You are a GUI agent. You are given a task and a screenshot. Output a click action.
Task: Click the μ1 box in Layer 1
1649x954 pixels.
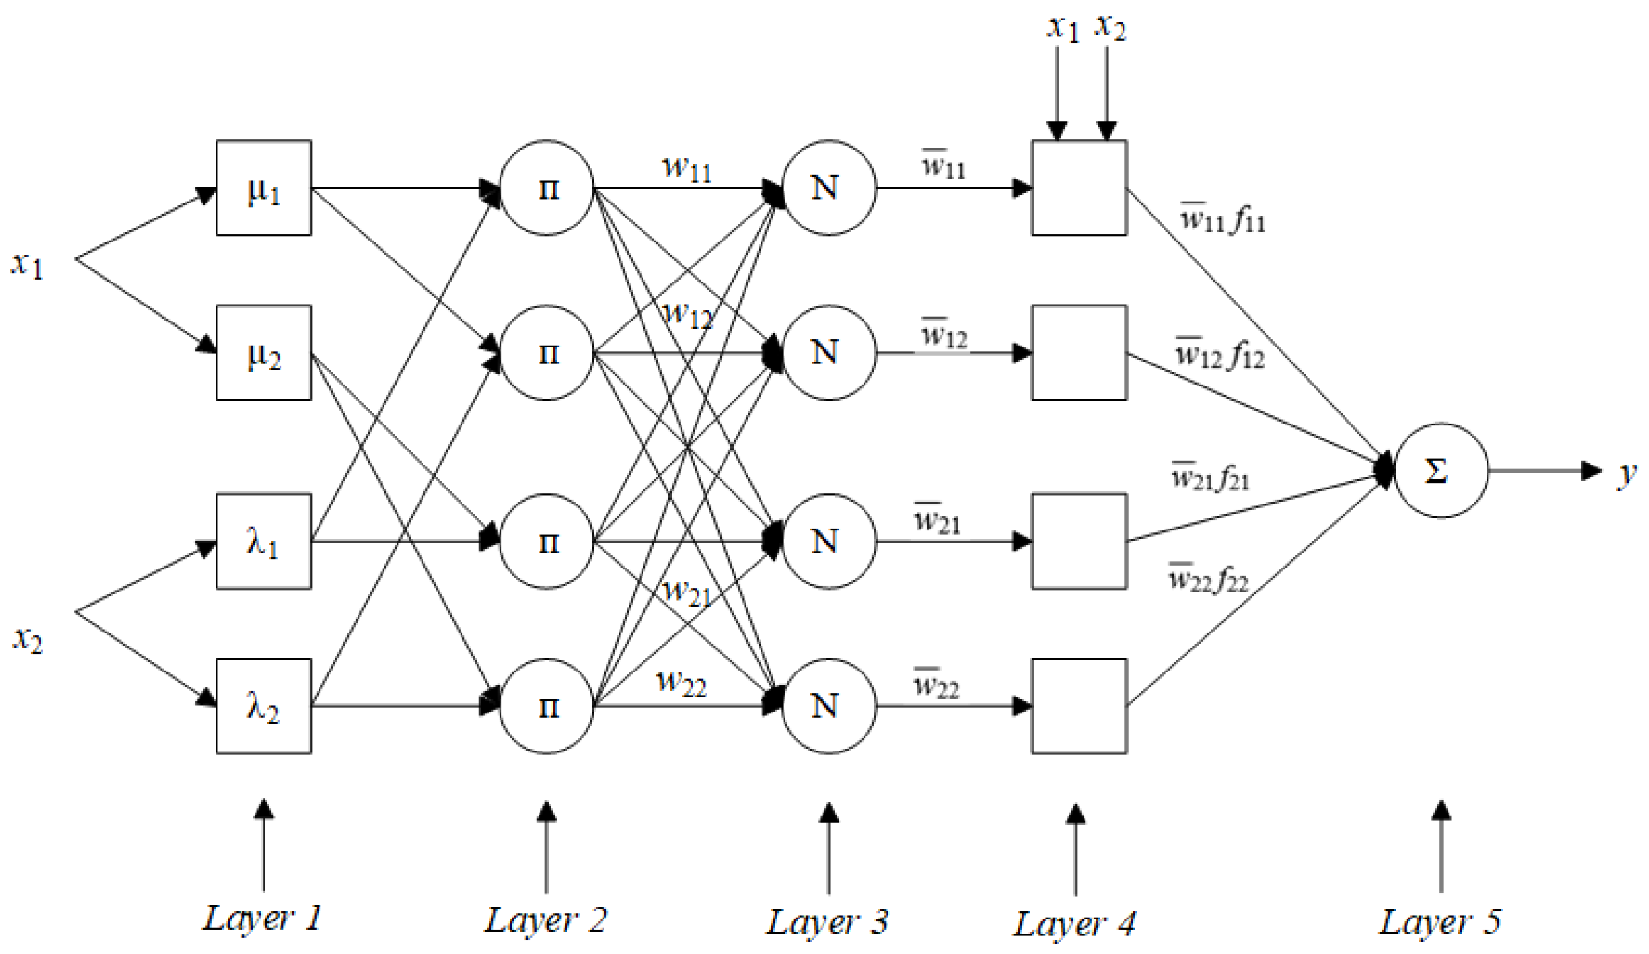tap(263, 188)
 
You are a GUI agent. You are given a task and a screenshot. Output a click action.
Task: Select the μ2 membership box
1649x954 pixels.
tap(263, 353)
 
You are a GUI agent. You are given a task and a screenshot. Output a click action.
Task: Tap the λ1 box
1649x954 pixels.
tap(263, 541)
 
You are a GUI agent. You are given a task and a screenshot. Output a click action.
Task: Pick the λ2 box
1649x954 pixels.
tap(263, 706)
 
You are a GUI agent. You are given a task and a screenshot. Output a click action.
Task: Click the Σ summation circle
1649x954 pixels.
tap(1441, 470)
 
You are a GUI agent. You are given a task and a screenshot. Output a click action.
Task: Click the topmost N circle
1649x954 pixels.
tap(828, 188)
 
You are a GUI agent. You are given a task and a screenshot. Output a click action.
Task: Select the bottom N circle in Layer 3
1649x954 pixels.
tap(828, 706)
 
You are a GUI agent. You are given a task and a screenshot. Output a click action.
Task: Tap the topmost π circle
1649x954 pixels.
tap(546, 188)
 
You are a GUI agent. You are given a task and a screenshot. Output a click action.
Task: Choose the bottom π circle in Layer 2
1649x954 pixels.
tap(546, 706)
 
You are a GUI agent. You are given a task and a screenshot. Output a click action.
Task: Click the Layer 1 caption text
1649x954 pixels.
tap(262, 918)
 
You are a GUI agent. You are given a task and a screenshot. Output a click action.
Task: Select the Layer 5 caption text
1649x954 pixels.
tap(1440, 922)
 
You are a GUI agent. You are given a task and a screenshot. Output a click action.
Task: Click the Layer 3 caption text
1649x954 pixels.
tap(827, 922)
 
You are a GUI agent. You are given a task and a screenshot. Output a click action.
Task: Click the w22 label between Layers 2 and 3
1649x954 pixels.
tap(681, 682)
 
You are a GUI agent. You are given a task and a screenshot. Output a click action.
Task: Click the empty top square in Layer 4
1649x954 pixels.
tap(1079, 188)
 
